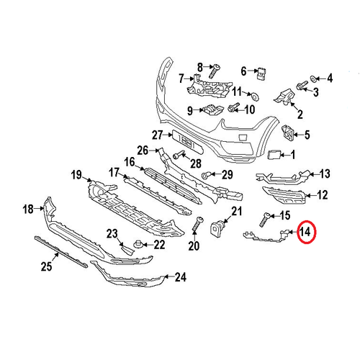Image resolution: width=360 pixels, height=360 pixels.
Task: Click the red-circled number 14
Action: pyautogui.click(x=305, y=232)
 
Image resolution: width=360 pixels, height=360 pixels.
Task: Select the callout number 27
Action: pyautogui.click(x=158, y=135)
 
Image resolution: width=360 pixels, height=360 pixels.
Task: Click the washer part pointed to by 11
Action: pyautogui.click(x=255, y=96)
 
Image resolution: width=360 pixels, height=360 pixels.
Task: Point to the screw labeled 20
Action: pyautogui.click(x=197, y=224)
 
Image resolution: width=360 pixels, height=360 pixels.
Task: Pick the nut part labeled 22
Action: pyautogui.click(x=138, y=244)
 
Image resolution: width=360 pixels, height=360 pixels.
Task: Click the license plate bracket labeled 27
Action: pyautogui.click(x=187, y=143)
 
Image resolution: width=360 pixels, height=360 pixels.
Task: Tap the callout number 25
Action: pyautogui.click(x=46, y=266)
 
